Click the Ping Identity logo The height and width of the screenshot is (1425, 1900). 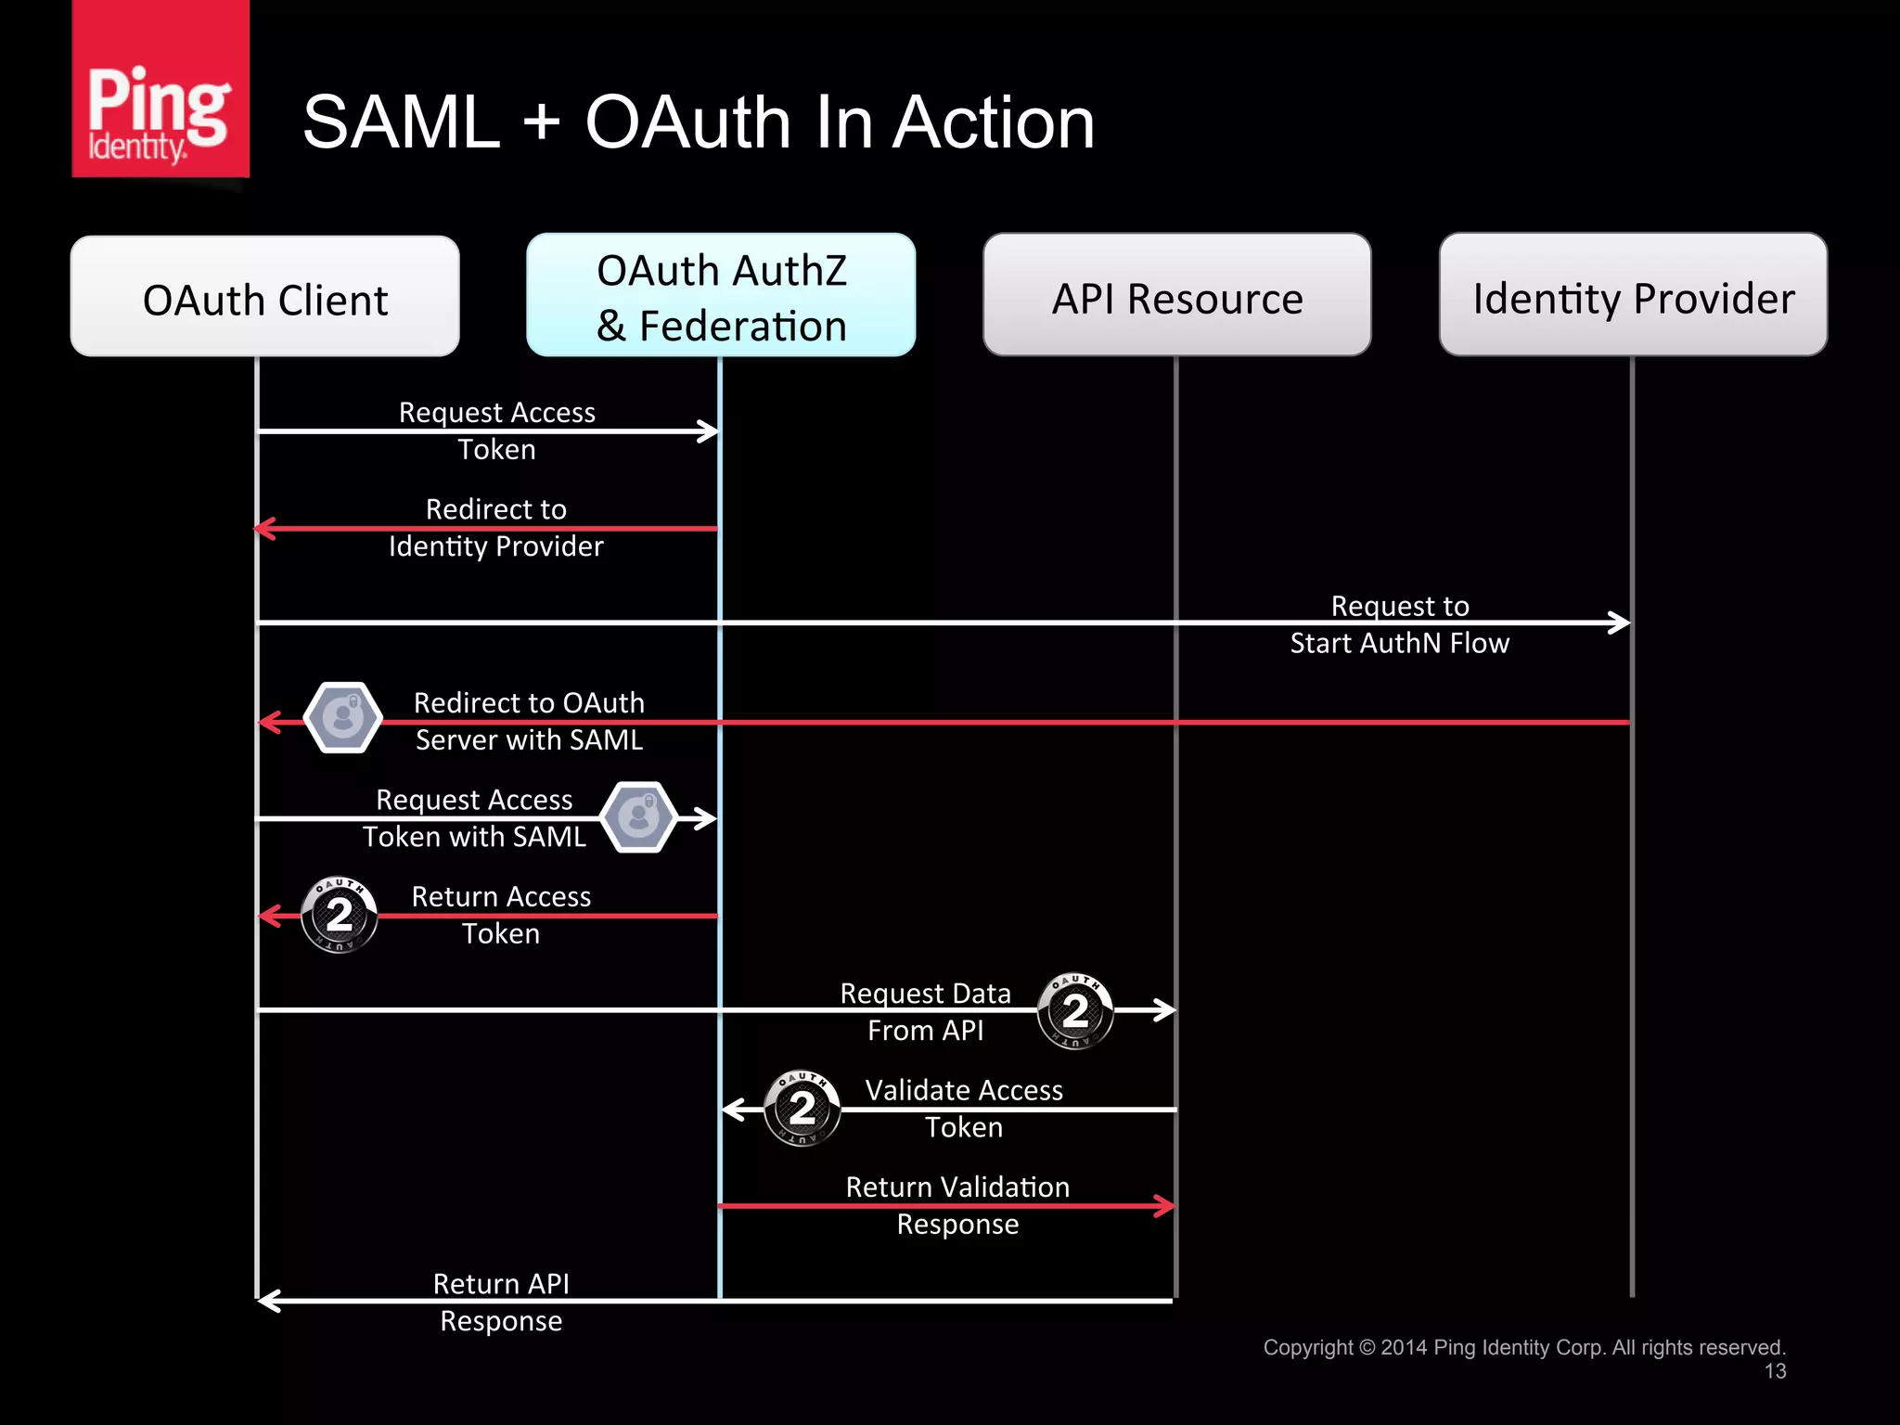coord(160,90)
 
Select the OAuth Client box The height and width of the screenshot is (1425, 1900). coord(264,297)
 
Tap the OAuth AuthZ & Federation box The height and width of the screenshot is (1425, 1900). coord(721,296)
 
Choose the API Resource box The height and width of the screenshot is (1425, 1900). coord(1176,296)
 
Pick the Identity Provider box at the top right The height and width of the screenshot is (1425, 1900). coord(1633,296)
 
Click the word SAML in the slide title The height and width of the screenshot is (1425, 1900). coord(401,123)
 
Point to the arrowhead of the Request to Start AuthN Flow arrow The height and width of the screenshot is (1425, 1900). coord(1620,623)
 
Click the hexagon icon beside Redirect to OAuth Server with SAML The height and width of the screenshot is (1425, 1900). coord(343,718)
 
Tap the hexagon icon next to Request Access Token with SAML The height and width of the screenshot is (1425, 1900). coord(638,817)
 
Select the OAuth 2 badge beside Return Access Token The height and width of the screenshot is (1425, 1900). coord(340,915)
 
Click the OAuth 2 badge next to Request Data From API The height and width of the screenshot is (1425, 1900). coord(1075,1010)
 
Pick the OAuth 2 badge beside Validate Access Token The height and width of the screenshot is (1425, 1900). coord(802,1108)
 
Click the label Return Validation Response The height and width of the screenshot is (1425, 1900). coord(957,1205)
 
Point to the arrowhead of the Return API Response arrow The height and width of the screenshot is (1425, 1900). coord(268,1301)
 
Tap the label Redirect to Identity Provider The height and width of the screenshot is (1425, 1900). coord(495,528)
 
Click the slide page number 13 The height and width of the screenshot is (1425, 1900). coord(1775,1371)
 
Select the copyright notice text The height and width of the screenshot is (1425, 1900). coord(1523,1347)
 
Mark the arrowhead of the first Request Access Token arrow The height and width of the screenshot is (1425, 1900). coord(709,430)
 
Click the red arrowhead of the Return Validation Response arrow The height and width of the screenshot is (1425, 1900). coord(1165,1206)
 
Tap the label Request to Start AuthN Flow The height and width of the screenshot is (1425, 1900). coord(1399,624)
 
